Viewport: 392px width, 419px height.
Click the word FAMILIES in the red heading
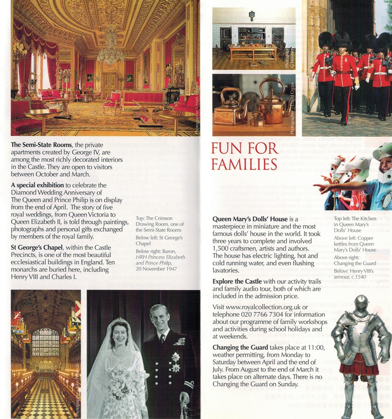click(244, 164)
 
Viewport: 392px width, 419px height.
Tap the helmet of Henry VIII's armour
click(361, 305)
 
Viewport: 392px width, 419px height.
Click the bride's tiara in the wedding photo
click(118, 322)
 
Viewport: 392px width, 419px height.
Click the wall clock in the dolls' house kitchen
click(252, 15)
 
